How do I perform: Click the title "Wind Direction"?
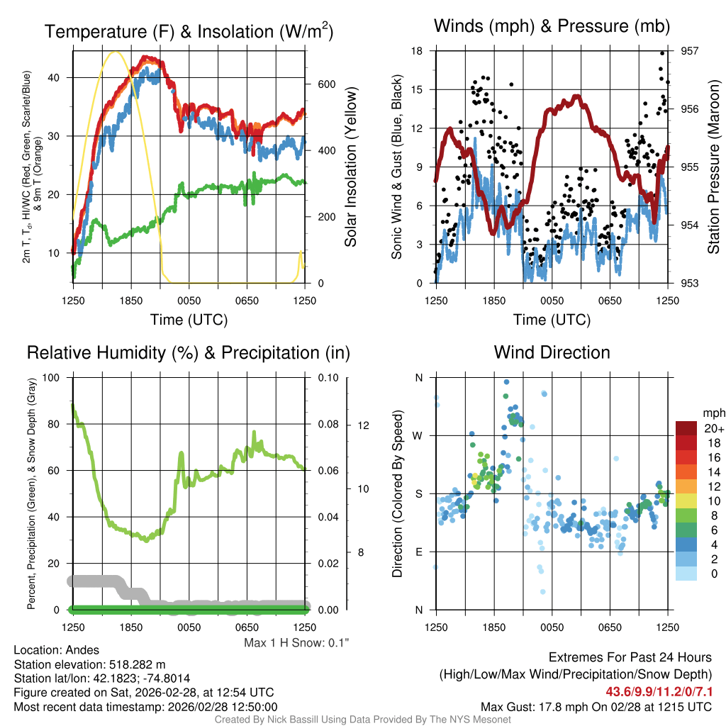[x=552, y=352]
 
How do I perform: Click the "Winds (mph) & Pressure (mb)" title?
[x=552, y=27]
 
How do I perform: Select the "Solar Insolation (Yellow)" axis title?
[x=350, y=167]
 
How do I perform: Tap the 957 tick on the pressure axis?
[x=691, y=51]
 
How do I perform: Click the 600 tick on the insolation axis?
[x=326, y=84]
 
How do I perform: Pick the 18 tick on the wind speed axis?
[x=417, y=51]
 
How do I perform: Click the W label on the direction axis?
[x=418, y=435]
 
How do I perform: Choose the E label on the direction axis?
[x=418, y=552]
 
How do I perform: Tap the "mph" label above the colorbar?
[x=713, y=413]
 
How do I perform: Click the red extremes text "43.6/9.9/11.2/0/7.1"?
[x=659, y=691]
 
